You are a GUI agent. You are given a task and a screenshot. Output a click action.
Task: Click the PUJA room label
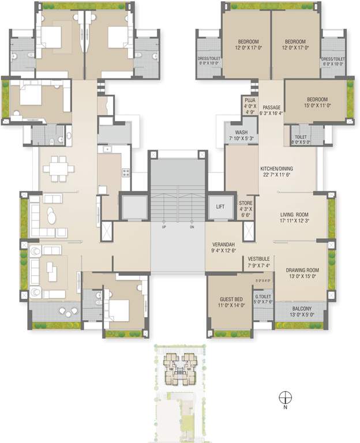250,99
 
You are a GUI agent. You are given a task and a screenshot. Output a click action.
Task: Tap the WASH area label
241,132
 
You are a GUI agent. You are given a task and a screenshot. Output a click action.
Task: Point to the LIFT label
220,206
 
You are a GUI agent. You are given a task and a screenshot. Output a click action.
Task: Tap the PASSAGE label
271,107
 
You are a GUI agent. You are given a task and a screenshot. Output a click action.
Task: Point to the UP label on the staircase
165,227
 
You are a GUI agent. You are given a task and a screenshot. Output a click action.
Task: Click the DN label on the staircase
192,227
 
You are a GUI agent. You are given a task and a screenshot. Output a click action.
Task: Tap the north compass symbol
284,397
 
